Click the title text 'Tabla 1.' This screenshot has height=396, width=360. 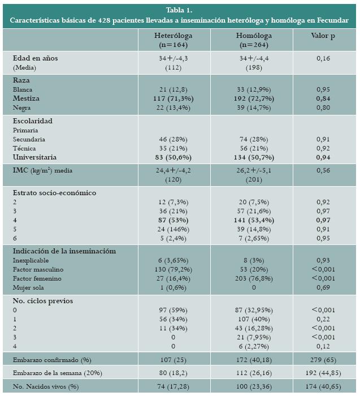179,10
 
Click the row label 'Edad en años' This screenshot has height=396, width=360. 35,58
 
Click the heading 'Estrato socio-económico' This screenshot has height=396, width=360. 54,193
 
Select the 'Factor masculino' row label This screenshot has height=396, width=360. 38,269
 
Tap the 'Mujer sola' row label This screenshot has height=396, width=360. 28,287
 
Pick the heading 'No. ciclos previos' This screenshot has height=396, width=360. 44,301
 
